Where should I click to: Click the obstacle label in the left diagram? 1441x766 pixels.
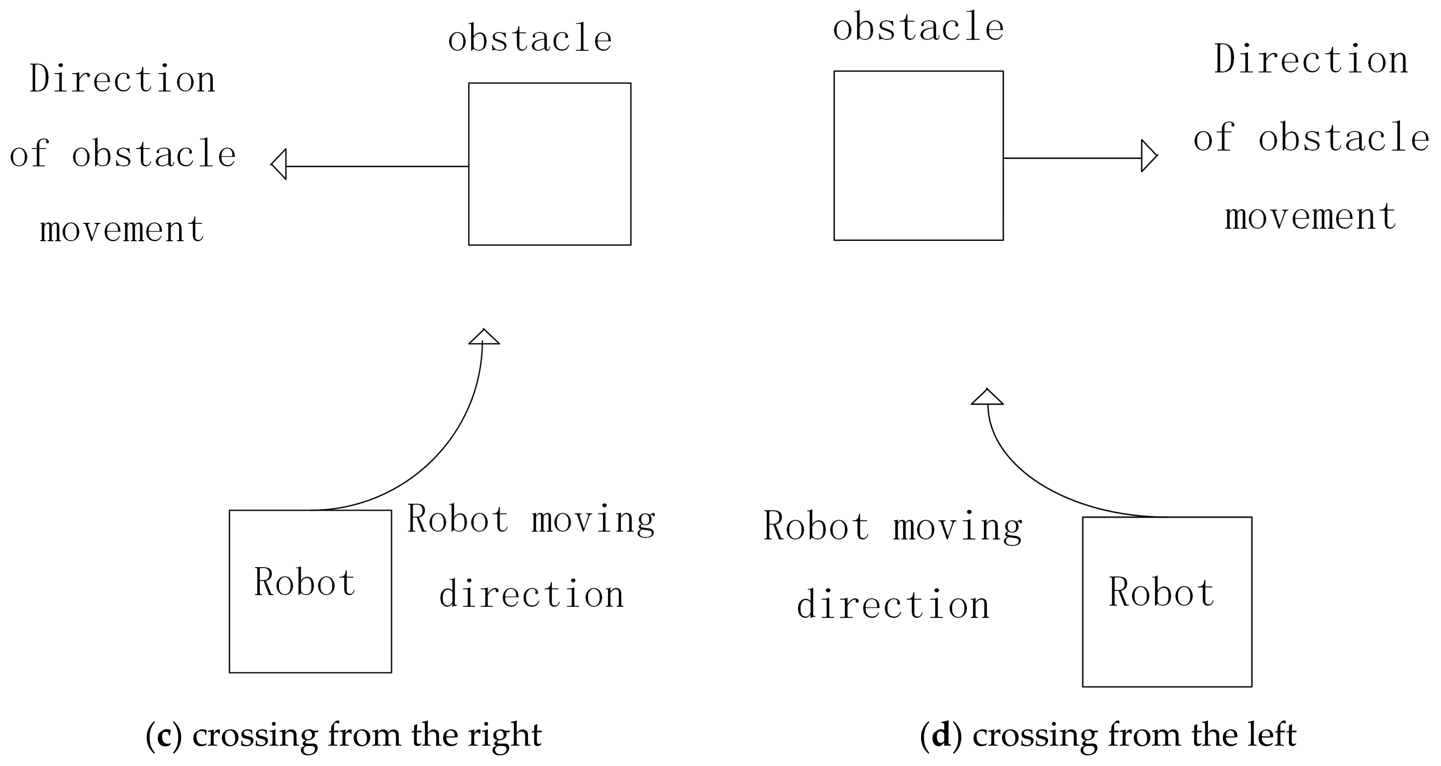[x=530, y=39]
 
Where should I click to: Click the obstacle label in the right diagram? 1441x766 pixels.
[x=918, y=27]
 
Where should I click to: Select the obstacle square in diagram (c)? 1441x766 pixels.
[x=549, y=164]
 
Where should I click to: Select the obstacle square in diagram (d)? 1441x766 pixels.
[x=918, y=156]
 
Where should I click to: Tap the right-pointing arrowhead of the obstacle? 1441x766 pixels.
[x=1148, y=156]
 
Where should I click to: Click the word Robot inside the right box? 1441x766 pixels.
[x=1161, y=593]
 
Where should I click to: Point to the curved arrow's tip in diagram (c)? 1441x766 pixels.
[x=483, y=336]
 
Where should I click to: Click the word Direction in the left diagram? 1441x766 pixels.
[x=123, y=79]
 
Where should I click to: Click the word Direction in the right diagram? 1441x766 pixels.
[x=1310, y=59]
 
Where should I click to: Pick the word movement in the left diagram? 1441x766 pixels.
[x=122, y=230]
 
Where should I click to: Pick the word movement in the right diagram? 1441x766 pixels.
[x=1310, y=217]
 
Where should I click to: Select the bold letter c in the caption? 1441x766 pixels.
[x=164, y=735]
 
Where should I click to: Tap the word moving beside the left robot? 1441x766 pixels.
[x=593, y=520]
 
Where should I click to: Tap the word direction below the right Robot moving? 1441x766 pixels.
[x=893, y=606]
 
